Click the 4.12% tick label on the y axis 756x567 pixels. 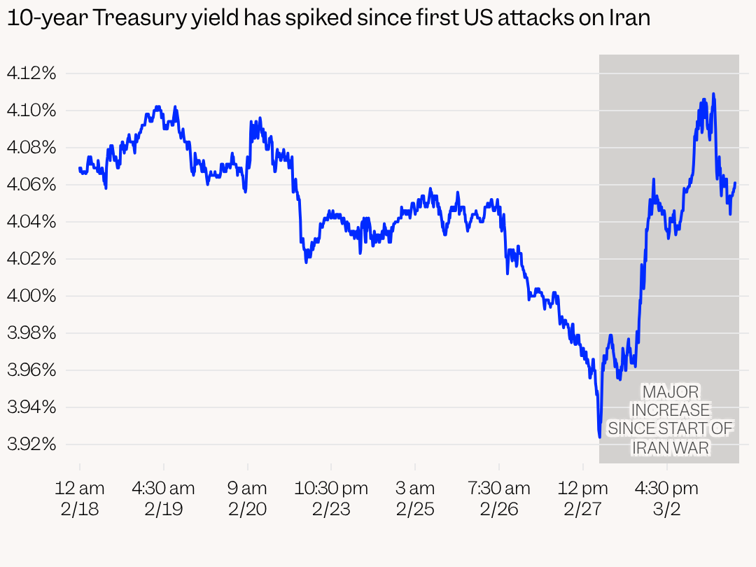pos(31,73)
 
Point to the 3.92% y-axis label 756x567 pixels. pos(31,444)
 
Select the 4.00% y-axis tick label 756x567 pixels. pos(31,295)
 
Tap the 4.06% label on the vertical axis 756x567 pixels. pos(31,184)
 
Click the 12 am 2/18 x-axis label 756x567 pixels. pos(80,498)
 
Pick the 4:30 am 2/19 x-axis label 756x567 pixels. pos(164,498)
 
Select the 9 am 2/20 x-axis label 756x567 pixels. pos(248,498)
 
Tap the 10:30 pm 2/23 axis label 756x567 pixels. pos(331,498)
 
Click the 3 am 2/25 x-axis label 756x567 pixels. pos(415,498)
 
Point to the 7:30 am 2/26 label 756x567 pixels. pos(499,498)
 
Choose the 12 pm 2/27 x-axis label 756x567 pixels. pos(583,498)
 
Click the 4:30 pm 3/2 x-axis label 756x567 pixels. pos(667,498)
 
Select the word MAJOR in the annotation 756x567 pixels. pos(670,392)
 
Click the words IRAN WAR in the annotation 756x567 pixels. pos(671,447)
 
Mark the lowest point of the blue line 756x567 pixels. pos(600,437)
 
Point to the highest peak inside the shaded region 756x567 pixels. pos(713,94)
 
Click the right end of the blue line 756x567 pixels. pos(735,183)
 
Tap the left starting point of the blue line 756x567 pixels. pos(80,168)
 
